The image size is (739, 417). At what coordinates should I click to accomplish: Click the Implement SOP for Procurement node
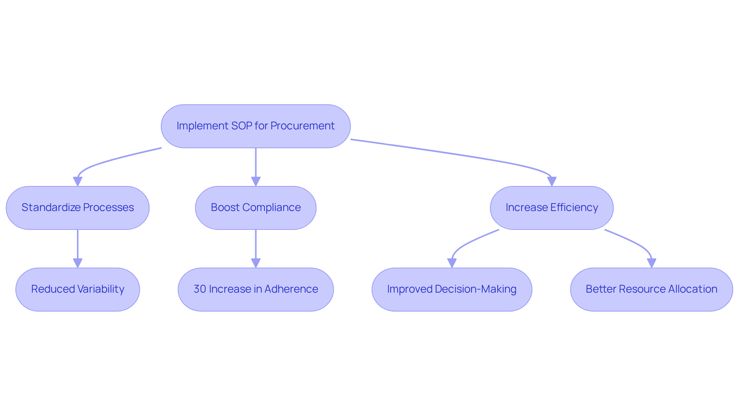[x=256, y=126]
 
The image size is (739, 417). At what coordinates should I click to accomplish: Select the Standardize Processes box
[x=78, y=208]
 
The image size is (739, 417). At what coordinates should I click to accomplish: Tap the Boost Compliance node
[x=256, y=208]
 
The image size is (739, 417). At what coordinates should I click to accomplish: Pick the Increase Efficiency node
[x=552, y=208]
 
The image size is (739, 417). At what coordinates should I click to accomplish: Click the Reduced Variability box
[x=78, y=290]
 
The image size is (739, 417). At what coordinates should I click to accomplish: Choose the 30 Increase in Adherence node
[x=256, y=290]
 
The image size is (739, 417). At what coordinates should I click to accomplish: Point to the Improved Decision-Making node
[x=452, y=290]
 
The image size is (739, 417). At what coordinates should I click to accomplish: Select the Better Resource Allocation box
[x=651, y=290]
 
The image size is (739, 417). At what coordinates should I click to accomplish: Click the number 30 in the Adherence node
[x=200, y=289]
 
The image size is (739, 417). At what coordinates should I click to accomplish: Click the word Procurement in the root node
[x=302, y=126]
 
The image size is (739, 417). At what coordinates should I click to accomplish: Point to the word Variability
[x=101, y=289]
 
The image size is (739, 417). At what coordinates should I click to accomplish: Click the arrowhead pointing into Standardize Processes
[x=78, y=181]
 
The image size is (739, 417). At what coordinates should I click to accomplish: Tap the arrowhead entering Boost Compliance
[x=256, y=181]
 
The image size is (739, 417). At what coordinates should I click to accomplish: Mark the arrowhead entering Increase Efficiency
[x=552, y=181]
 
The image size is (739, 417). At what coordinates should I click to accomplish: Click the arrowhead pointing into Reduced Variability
[x=78, y=263]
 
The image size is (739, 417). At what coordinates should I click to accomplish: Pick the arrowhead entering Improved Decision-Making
[x=452, y=263]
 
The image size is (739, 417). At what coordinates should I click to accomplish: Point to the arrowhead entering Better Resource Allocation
[x=651, y=263]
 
